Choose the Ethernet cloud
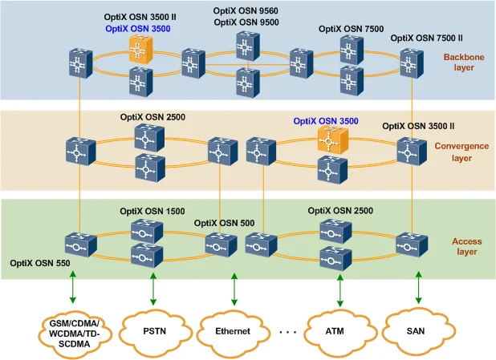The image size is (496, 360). coord(233,330)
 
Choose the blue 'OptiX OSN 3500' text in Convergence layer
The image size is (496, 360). coord(326,121)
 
